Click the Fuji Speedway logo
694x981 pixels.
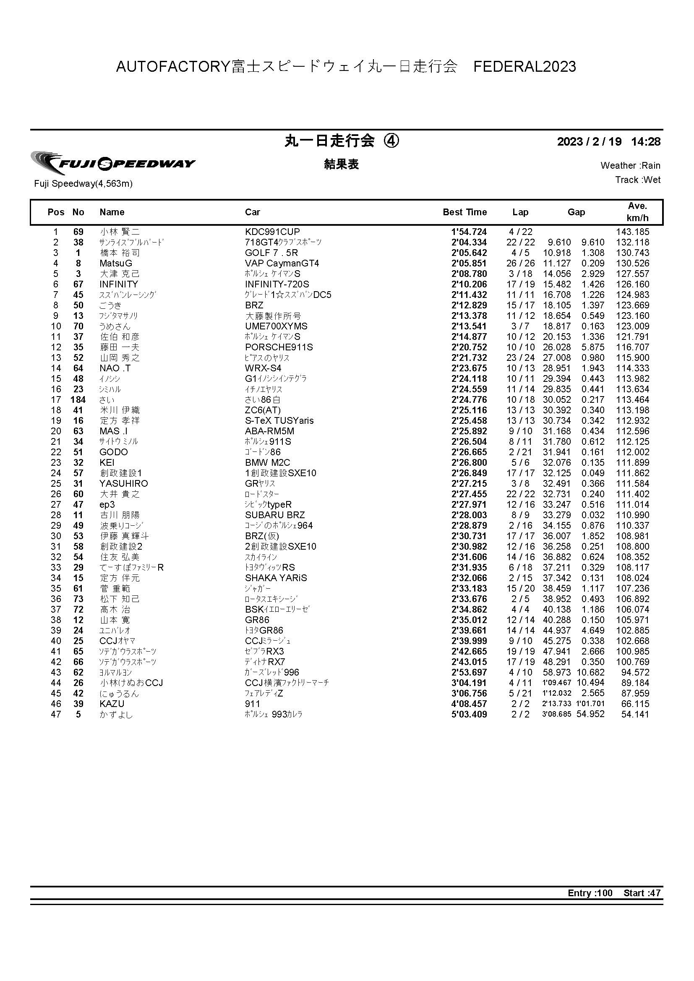tap(113, 163)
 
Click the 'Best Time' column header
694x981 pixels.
tap(464, 212)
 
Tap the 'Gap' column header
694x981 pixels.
tap(576, 212)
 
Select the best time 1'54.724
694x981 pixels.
tap(469, 232)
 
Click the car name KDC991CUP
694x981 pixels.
tap(272, 232)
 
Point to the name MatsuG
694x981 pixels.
tap(116, 264)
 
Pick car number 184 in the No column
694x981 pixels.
tap(78, 400)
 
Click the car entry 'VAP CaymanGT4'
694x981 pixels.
tap(282, 264)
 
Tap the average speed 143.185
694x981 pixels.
tap(632, 232)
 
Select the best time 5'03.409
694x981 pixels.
tap(469, 715)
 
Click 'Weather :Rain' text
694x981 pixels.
tap(630, 166)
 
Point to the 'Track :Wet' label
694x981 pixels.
tap(638, 180)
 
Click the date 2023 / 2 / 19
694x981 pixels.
tap(589, 142)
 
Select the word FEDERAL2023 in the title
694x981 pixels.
tap(524, 67)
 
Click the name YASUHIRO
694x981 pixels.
tap(123, 484)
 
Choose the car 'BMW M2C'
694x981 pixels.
tap(267, 463)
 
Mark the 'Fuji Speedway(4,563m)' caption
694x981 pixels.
tap(83, 184)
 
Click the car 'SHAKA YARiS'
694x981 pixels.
tap(276, 578)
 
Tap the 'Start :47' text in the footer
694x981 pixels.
tap(642, 893)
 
